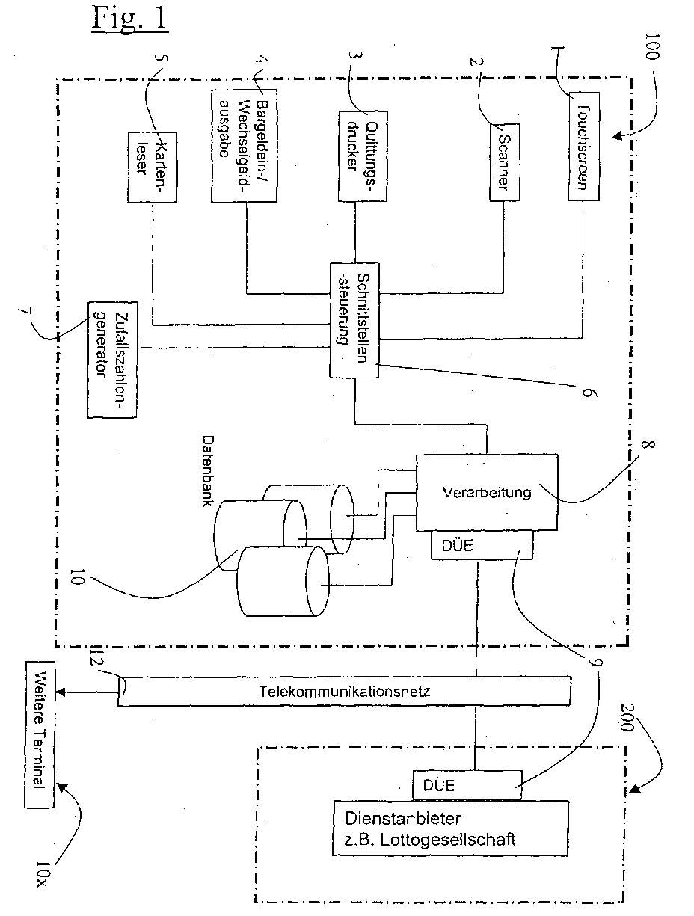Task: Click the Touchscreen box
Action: (x=584, y=147)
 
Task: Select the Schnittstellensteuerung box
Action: (x=350, y=320)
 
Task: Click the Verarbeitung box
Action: (x=487, y=493)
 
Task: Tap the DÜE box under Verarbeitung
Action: (x=482, y=545)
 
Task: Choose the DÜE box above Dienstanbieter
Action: (x=466, y=785)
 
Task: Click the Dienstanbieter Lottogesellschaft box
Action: (x=450, y=828)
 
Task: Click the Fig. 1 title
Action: (x=129, y=19)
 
